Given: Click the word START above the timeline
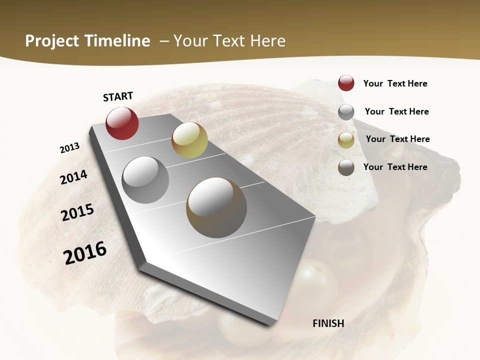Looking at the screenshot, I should (118, 96).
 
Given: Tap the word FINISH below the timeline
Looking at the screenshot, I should (328, 323).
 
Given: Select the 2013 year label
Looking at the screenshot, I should (69, 148).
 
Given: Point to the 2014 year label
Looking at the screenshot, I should (73, 177).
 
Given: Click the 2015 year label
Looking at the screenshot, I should (77, 212).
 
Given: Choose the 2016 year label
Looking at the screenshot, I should (85, 252).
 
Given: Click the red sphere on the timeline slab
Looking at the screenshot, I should (122, 123).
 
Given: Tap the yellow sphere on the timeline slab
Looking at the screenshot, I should (189, 140).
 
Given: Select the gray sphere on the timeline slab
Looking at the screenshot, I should (145, 180).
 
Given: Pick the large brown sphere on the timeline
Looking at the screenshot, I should (216, 207).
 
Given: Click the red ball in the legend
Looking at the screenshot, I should (346, 83).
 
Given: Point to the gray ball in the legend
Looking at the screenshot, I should (346, 112).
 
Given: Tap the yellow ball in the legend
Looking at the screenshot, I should (346, 140).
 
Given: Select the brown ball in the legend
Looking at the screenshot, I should (346, 167).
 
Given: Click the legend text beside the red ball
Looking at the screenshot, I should (395, 83).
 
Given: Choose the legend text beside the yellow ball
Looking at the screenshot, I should (397, 139).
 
